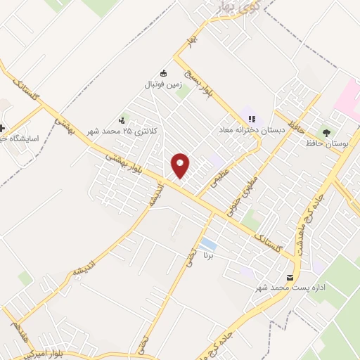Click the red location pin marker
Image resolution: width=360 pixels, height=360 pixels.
click(181, 165)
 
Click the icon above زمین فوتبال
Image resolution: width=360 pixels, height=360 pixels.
click(164, 72)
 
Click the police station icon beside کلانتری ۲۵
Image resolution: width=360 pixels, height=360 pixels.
click(124, 120)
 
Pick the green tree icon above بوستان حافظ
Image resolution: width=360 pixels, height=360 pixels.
click(326, 131)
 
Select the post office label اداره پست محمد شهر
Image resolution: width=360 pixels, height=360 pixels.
click(287, 288)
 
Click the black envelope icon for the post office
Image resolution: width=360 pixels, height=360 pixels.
click(291, 276)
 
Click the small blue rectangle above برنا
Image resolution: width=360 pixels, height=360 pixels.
click(207, 245)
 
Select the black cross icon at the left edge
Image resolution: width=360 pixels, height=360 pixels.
click(3, 129)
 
